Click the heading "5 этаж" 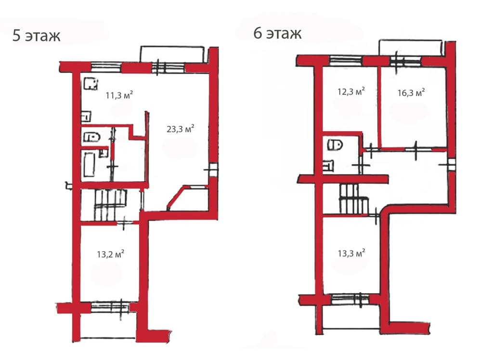tap(36, 35)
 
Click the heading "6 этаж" tap(277, 33)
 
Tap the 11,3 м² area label tap(119, 95)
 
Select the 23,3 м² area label tap(180, 128)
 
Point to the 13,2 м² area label tap(110, 253)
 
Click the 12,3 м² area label tap(351, 91)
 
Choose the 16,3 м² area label tap(411, 92)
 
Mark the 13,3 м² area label tap(351, 253)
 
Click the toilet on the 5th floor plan tap(91, 137)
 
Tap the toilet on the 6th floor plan tap(335, 145)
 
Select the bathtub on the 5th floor tap(89, 165)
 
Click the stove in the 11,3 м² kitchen tap(91, 84)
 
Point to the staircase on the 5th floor tap(111, 204)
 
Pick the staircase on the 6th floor tap(353, 199)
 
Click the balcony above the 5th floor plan tap(172, 54)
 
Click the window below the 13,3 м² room tap(350, 299)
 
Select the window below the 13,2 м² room tap(110, 307)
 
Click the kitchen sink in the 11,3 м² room tap(87, 116)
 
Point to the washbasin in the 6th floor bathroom tap(328, 165)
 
